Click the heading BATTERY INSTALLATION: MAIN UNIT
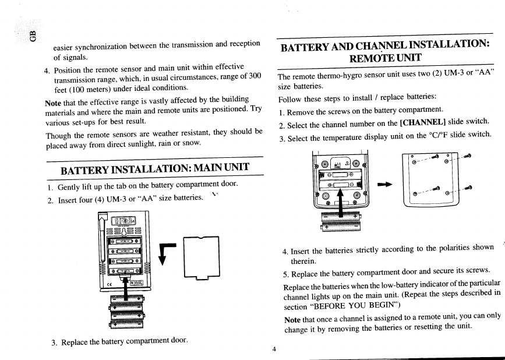[155, 169]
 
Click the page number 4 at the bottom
[274, 349]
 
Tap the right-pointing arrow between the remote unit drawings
[384, 185]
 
